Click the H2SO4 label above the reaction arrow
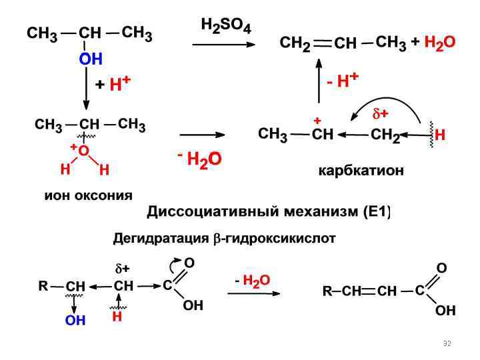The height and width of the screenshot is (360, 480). (x=226, y=27)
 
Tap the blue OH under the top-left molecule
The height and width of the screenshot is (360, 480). (x=90, y=59)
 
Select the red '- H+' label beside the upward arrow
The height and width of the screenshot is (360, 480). (x=343, y=81)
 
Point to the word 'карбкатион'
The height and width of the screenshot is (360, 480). (x=361, y=171)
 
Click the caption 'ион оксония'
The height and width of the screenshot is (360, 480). (x=89, y=195)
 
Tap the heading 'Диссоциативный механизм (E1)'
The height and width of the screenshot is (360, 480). (x=269, y=213)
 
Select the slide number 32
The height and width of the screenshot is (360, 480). (x=447, y=343)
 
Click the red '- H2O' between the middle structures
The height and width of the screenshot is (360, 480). (x=199, y=159)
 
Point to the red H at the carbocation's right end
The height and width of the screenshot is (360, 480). (x=440, y=135)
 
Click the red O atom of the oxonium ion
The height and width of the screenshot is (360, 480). (x=83, y=151)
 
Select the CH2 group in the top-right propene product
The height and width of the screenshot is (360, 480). (x=295, y=44)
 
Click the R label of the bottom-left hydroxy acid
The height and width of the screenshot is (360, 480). (x=43, y=286)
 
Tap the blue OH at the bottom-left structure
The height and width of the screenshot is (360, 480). (x=75, y=321)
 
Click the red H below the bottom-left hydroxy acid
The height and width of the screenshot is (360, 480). (x=117, y=318)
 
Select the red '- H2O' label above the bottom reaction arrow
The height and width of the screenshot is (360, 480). (x=252, y=280)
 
